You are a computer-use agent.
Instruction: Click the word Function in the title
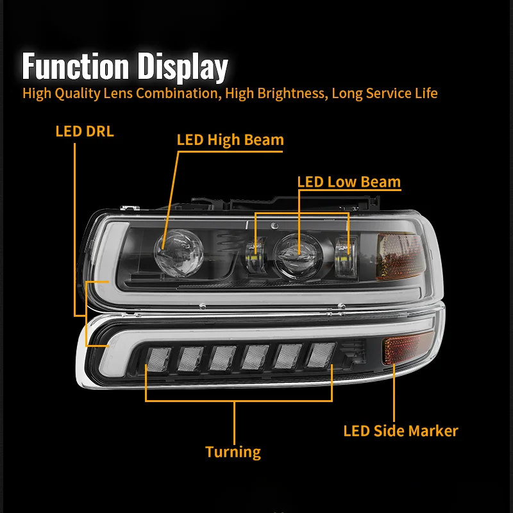click(x=75, y=67)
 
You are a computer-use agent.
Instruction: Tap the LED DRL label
click(x=84, y=131)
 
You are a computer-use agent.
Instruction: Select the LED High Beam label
click(x=230, y=140)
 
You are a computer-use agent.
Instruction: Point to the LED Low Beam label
click(x=349, y=181)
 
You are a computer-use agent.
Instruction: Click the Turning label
click(x=233, y=451)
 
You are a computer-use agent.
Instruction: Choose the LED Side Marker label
click(x=401, y=430)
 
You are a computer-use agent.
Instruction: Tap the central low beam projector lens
click(x=296, y=249)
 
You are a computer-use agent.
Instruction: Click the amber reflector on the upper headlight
click(x=399, y=256)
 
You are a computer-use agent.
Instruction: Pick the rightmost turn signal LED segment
click(x=319, y=355)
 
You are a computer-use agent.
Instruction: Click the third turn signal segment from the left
click(x=223, y=358)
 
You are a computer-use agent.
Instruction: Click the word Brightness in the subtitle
click(x=284, y=93)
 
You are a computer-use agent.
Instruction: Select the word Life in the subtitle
click(x=424, y=93)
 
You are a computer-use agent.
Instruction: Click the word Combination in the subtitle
click(x=174, y=93)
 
